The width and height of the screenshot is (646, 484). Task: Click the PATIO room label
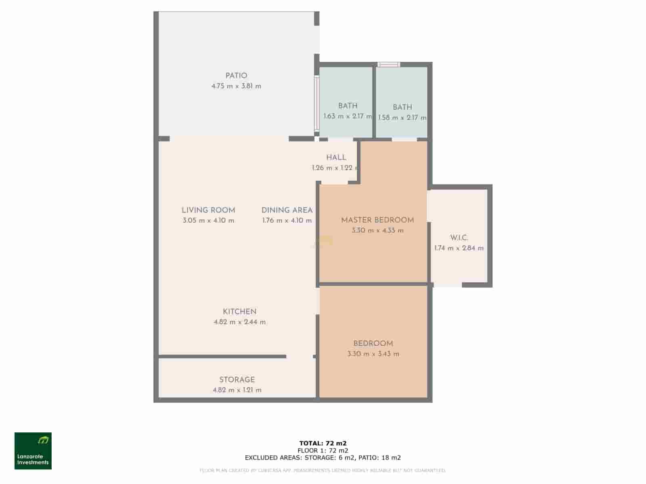tap(236, 75)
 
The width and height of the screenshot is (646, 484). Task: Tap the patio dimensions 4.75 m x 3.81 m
tap(236, 86)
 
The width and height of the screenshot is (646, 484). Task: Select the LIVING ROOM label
tap(208, 210)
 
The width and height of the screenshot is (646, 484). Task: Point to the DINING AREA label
tap(287, 210)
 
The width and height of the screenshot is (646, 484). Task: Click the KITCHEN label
tap(239, 311)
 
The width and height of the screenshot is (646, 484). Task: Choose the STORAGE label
tap(237, 380)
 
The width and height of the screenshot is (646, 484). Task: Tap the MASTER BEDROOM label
tap(378, 220)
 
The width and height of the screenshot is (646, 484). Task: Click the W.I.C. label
tap(459, 238)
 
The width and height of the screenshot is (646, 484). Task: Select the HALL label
tap(336, 157)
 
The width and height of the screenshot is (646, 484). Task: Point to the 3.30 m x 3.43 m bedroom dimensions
tap(373, 354)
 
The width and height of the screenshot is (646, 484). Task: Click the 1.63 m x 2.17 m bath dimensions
tap(348, 116)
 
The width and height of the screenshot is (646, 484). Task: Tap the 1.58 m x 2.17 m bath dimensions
tap(402, 118)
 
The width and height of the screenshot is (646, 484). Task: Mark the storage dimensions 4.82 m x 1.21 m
tap(237, 390)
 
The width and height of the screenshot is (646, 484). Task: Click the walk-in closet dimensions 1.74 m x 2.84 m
tap(459, 248)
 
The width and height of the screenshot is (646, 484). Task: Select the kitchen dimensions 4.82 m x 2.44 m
tap(239, 322)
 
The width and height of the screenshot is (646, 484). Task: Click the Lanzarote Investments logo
tap(33, 451)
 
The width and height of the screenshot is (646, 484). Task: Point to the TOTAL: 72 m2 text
tap(323, 443)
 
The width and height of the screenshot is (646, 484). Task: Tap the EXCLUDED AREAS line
tap(323, 457)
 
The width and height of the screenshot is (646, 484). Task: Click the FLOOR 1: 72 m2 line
tap(323, 451)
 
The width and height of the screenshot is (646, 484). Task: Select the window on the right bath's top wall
tap(389, 65)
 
